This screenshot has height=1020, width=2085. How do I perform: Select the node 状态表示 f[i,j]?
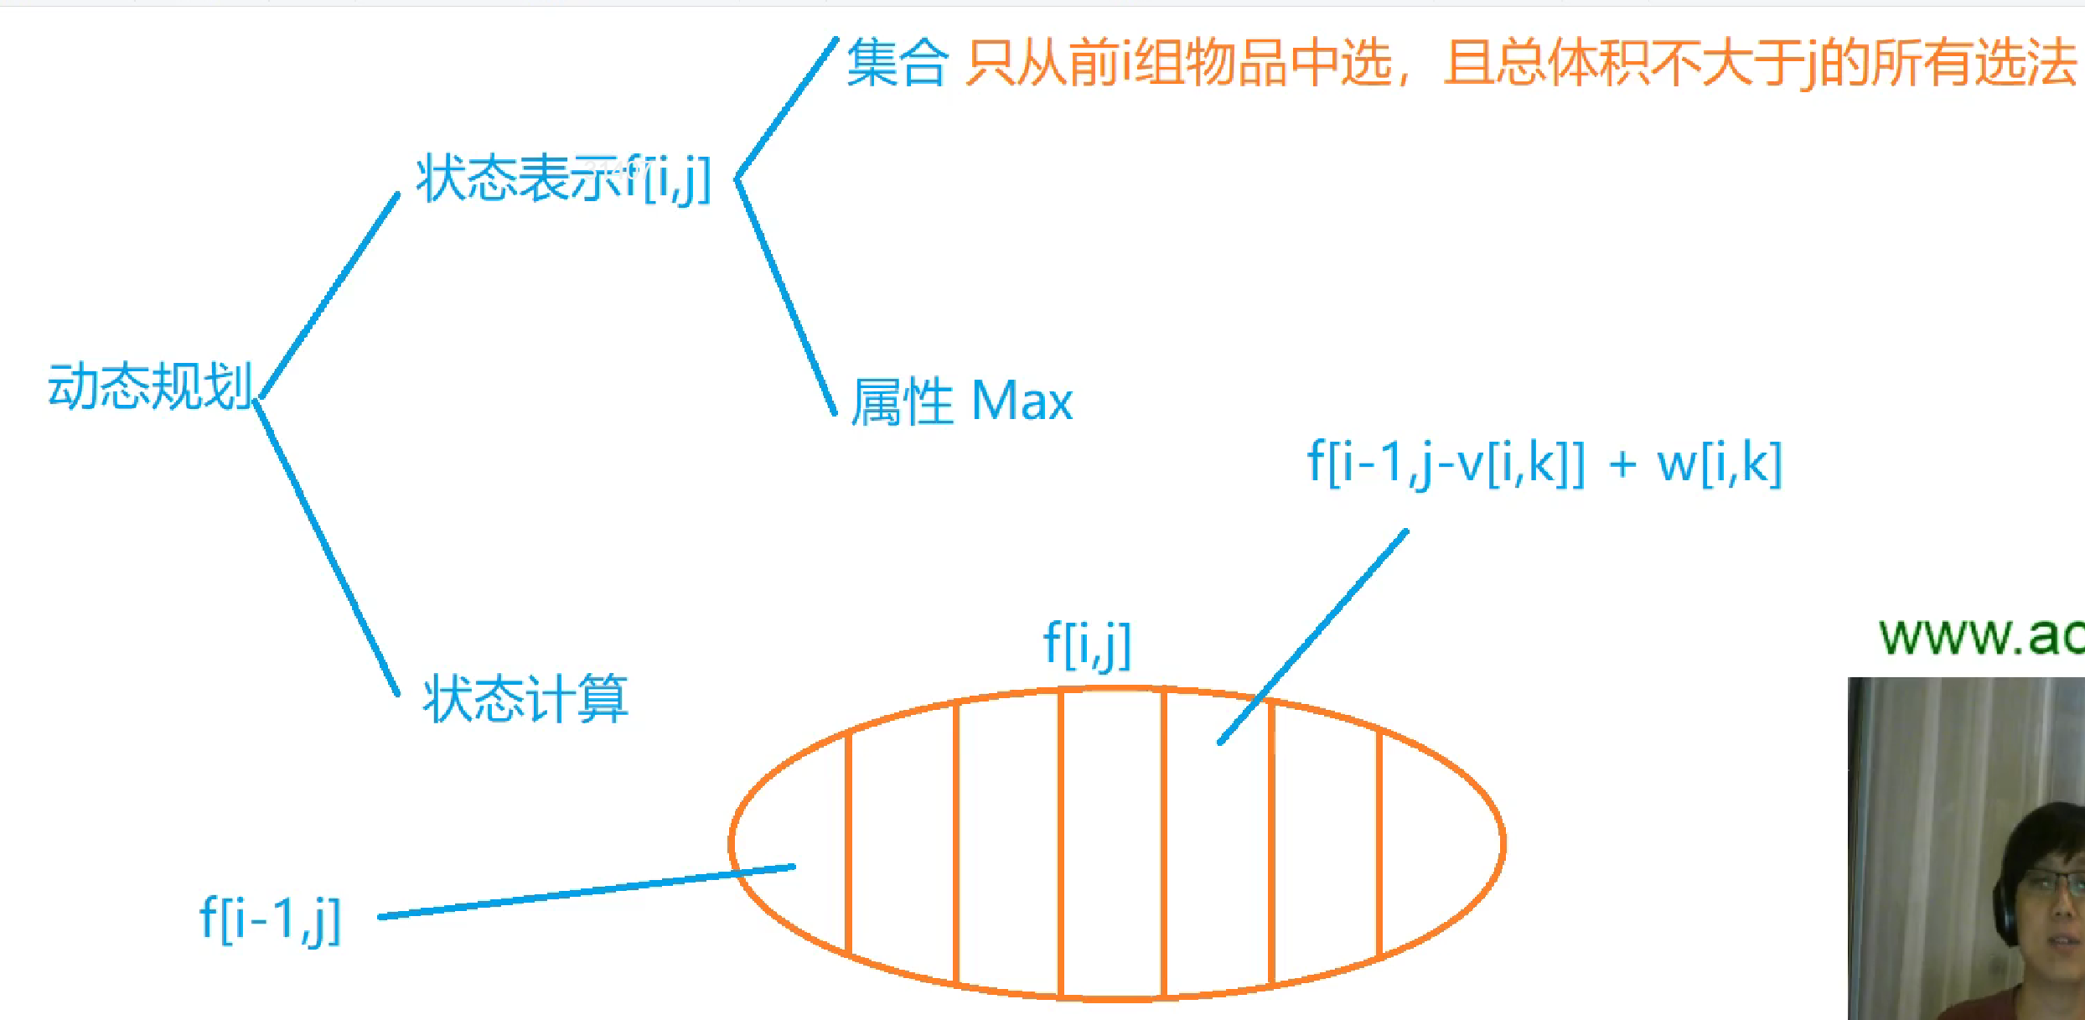click(563, 179)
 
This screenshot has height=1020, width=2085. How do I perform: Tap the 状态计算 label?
click(525, 699)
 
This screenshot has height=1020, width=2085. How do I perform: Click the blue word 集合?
click(897, 64)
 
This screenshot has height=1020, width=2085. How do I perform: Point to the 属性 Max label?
click(961, 401)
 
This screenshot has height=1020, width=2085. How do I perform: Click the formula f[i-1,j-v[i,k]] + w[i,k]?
click(1544, 463)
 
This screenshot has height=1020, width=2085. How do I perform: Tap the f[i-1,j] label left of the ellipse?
click(270, 919)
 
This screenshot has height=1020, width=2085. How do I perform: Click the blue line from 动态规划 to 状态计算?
click(327, 549)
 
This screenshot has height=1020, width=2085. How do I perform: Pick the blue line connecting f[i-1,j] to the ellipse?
click(587, 892)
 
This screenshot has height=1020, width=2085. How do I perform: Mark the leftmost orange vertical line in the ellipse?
click(848, 842)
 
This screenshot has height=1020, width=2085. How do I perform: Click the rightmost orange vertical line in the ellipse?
click(1379, 842)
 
